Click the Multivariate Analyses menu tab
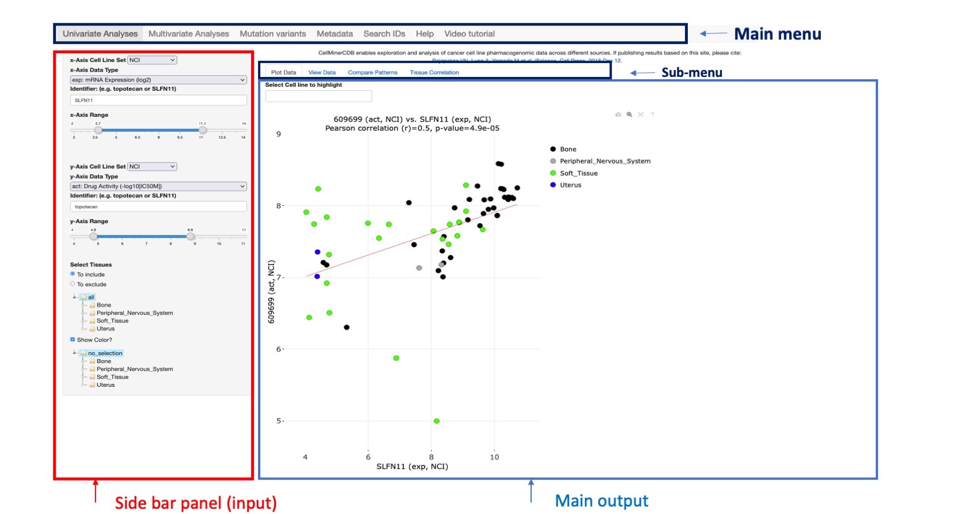click(189, 34)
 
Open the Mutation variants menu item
click(272, 34)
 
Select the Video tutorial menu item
click(469, 34)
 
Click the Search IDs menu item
click(384, 34)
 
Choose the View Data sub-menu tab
click(322, 72)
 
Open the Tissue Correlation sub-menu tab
click(434, 72)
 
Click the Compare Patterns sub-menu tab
click(373, 72)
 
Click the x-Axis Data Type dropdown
click(158, 80)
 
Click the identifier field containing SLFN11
click(158, 100)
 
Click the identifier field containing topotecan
click(158, 206)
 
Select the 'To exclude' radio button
click(73, 284)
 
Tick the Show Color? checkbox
click(73, 339)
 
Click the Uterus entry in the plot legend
click(570, 185)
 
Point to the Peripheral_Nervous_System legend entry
click(605, 161)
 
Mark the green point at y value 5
click(436, 421)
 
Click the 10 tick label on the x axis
click(494, 457)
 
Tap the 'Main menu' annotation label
click(777, 34)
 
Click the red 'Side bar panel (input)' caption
click(196, 502)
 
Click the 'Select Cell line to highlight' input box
click(318, 96)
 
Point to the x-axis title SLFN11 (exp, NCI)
click(412, 466)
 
